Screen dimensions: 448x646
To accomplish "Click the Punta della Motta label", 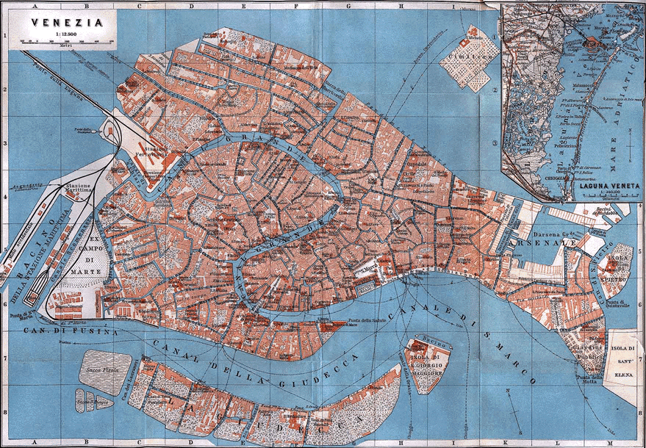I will (x=591, y=377).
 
